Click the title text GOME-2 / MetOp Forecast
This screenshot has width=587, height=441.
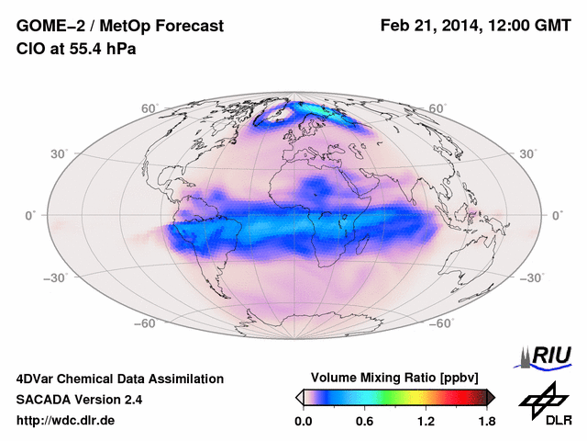pyautogui.click(x=119, y=27)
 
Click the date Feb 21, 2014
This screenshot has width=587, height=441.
pyautogui.click(x=429, y=27)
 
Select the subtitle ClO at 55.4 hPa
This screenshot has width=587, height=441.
pyautogui.click(x=76, y=50)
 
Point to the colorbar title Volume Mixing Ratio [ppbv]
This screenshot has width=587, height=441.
pyautogui.click(x=395, y=378)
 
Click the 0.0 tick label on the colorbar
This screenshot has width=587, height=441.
pyautogui.click(x=304, y=422)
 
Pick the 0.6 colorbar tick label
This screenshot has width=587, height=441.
pyautogui.click(x=364, y=422)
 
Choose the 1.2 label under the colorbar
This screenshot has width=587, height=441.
pyautogui.click(x=426, y=422)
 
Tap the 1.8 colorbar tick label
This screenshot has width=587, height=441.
pyautogui.click(x=486, y=422)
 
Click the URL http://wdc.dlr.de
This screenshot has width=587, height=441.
pyautogui.click(x=66, y=421)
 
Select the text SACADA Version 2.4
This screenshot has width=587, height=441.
pyautogui.click(x=79, y=400)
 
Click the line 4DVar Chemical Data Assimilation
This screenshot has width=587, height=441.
pyautogui.click(x=119, y=379)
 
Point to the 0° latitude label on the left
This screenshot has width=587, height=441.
pyautogui.click(x=30, y=215)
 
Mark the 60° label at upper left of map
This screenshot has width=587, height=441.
pyautogui.click(x=149, y=108)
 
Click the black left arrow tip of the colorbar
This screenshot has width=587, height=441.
pyautogui.click(x=299, y=396)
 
